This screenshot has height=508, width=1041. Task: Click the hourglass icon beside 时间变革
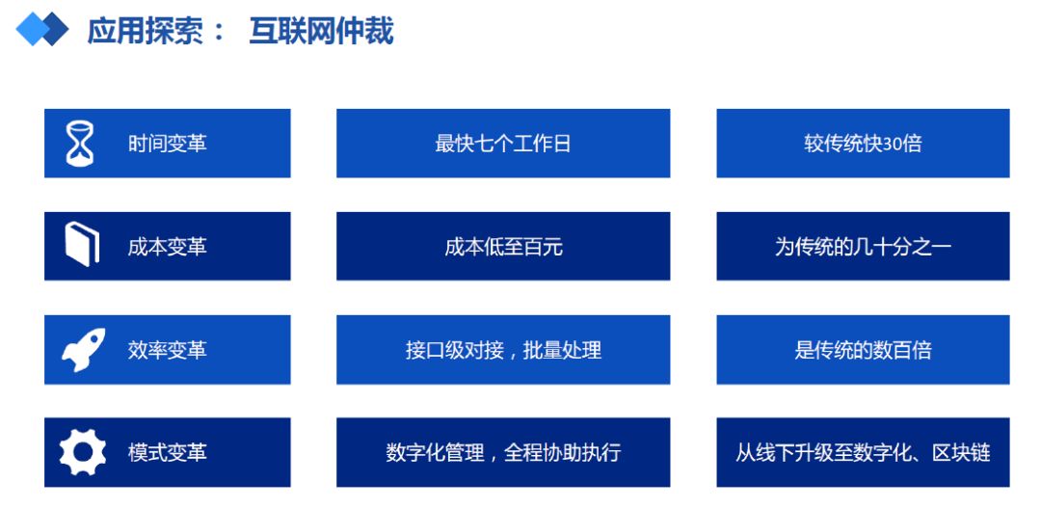tap(80, 144)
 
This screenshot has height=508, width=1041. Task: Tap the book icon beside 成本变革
tap(82, 245)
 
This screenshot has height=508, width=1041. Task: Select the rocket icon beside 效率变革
tap(83, 349)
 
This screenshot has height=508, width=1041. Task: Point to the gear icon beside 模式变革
tap(82, 452)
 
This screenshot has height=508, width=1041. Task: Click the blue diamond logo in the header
tap(42, 30)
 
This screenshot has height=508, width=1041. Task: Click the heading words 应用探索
tap(145, 31)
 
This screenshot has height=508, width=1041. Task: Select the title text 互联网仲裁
tap(321, 31)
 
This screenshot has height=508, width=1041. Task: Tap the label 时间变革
tap(168, 144)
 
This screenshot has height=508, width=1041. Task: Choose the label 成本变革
tap(168, 247)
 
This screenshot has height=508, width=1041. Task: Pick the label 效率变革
tap(168, 350)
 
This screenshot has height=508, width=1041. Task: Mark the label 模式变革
tap(168, 453)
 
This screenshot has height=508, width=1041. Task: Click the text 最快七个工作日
tap(503, 144)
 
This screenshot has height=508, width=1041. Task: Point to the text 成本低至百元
tap(503, 247)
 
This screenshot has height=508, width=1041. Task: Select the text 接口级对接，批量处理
tap(503, 350)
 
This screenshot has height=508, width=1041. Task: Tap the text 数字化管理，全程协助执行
tap(503, 453)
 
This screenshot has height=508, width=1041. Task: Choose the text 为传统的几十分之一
tap(863, 247)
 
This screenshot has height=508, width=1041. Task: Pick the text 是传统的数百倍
tap(863, 350)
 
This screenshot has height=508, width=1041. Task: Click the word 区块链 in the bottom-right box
tap(961, 453)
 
